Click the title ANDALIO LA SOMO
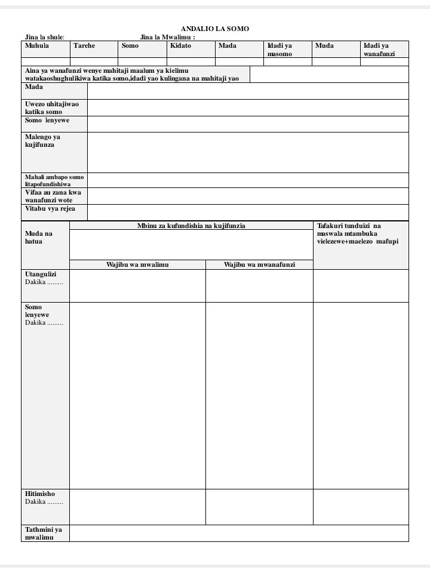coord(215,29)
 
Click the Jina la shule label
coord(44,37)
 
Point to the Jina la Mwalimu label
coord(167,37)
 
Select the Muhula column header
coord(37,46)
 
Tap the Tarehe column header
coord(84,46)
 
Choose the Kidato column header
coord(180,46)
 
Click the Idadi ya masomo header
coord(279,50)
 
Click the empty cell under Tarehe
coord(94,61)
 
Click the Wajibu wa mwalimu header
coord(137,264)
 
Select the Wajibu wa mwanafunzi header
coord(259,264)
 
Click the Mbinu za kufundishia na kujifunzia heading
coord(191,226)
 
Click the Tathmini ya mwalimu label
coord(44,533)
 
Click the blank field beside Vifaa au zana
coord(248,196)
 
